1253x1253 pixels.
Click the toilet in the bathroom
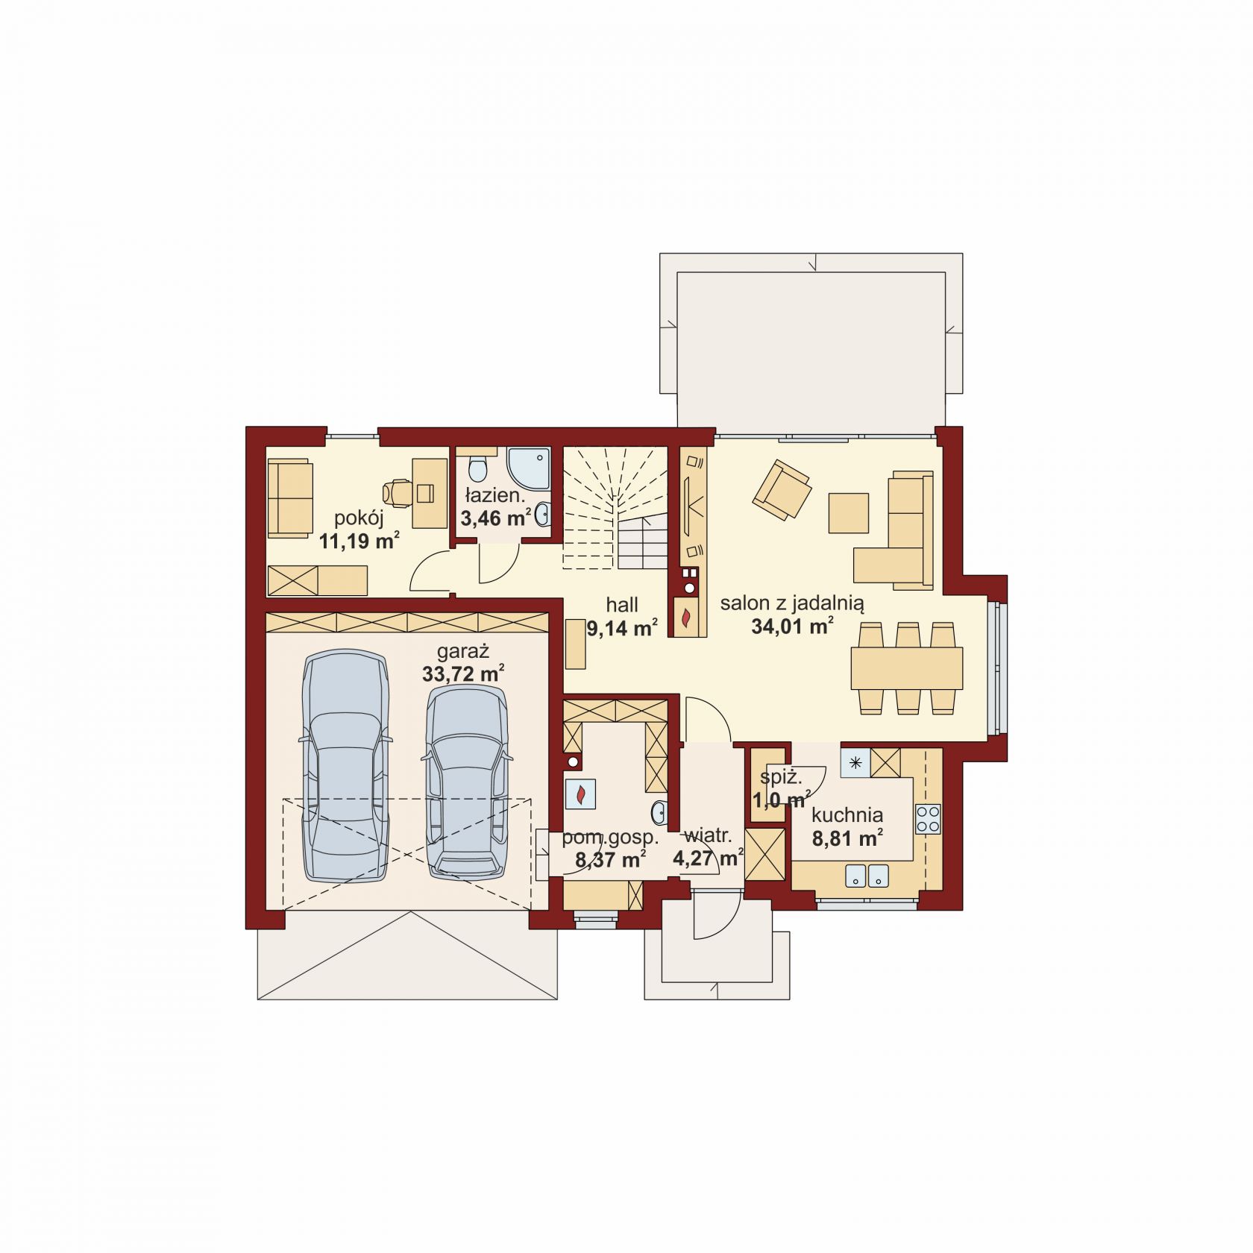coord(477,470)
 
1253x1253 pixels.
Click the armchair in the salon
coord(782,489)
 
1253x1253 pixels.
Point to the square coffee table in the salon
coord(849,513)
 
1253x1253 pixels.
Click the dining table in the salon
coord(907,668)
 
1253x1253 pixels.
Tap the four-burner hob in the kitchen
coord(929,819)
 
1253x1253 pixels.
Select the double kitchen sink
coord(867,876)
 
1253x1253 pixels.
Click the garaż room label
coord(462,651)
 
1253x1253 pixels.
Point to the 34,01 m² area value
coord(792,626)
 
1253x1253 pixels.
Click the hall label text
coord(622,604)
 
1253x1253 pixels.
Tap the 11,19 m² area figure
coord(359,540)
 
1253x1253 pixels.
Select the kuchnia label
coord(847,815)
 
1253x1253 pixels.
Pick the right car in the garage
coord(467,782)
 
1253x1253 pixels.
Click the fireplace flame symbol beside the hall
coord(686,618)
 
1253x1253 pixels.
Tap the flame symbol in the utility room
coord(580,794)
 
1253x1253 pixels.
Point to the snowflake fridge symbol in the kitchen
coord(855,763)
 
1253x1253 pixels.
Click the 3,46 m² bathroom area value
coord(496,518)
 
